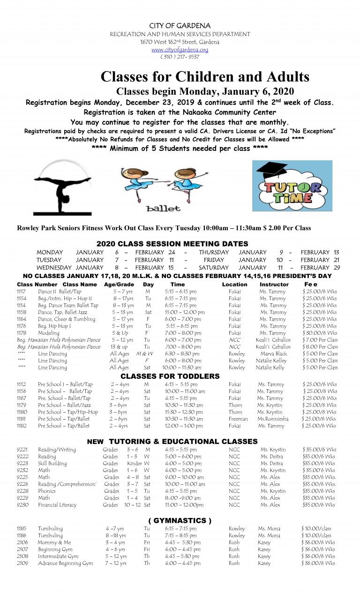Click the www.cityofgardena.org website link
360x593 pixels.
point(180,50)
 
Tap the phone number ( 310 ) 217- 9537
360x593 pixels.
point(180,57)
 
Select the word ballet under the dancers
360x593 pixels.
point(163,208)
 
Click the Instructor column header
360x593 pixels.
point(274,284)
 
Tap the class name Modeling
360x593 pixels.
point(49,333)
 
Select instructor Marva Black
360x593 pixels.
point(274,354)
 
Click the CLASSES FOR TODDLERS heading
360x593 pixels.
point(170,376)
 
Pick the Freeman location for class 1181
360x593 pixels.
point(238,419)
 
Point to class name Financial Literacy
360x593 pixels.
point(58,505)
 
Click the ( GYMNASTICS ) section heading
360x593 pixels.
point(180,520)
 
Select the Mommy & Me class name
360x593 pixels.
point(54,542)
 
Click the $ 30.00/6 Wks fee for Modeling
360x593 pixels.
point(320,333)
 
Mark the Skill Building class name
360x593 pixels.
point(52,463)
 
